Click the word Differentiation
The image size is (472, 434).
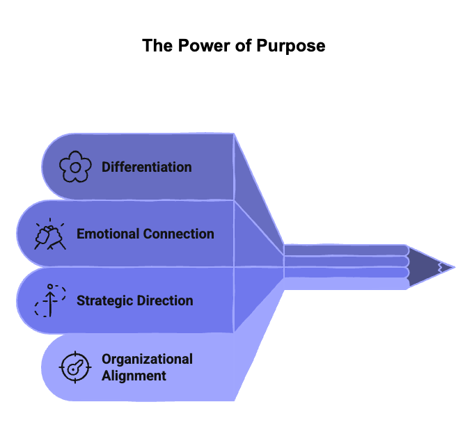(146, 167)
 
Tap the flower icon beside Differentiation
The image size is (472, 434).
(75, 167)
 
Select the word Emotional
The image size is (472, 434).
(106, 234)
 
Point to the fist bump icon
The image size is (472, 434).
(50, 234)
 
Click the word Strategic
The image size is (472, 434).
(104, 300)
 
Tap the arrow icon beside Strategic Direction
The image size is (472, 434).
(50, 300)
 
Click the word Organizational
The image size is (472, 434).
(147, 359)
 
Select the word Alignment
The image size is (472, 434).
(134, 376)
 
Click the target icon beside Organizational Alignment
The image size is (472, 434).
(75, 367)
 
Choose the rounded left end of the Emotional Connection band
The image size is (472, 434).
(24, 234)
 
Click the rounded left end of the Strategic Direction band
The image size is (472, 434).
(24, 300)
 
